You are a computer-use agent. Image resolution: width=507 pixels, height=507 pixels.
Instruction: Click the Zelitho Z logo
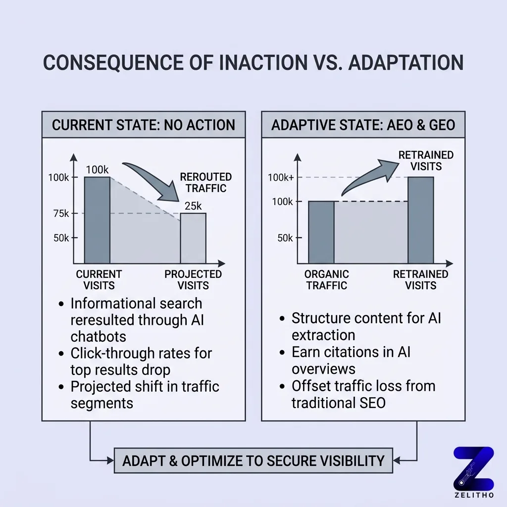tap(473, 468)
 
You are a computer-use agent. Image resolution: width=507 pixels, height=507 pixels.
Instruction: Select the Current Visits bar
tap(97, 220)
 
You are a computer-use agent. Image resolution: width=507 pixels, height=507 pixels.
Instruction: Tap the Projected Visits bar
tap(193, 238)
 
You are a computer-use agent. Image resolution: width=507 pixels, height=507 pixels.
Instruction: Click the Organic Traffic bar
tap(321, 232)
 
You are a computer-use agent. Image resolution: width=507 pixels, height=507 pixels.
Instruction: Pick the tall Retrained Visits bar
tap(420, 220)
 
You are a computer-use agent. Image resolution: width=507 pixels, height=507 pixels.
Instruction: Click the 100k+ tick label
tap(281, 177)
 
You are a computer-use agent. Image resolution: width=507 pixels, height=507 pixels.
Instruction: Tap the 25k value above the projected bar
tap(193, 205)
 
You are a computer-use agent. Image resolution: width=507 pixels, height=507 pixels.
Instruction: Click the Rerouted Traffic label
tap(205, 182)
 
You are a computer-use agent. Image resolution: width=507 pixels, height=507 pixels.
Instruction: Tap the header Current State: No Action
tap(143, 124)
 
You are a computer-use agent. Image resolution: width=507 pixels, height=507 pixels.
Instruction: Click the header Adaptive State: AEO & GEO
tap(363, 124)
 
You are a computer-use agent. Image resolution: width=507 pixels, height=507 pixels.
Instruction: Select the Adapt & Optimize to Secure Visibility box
tap(253, 460)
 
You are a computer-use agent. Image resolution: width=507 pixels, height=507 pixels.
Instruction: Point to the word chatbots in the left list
tap(99, 336)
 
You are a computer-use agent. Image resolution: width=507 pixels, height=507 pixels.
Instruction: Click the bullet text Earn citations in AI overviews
tap(351, 360)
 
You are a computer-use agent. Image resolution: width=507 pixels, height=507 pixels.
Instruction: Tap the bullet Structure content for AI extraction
tap(366, 326)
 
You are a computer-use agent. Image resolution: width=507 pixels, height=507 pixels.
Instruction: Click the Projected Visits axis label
tap(193, 280)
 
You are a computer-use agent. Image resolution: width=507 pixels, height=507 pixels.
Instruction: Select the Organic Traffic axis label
tap(326, 280)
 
